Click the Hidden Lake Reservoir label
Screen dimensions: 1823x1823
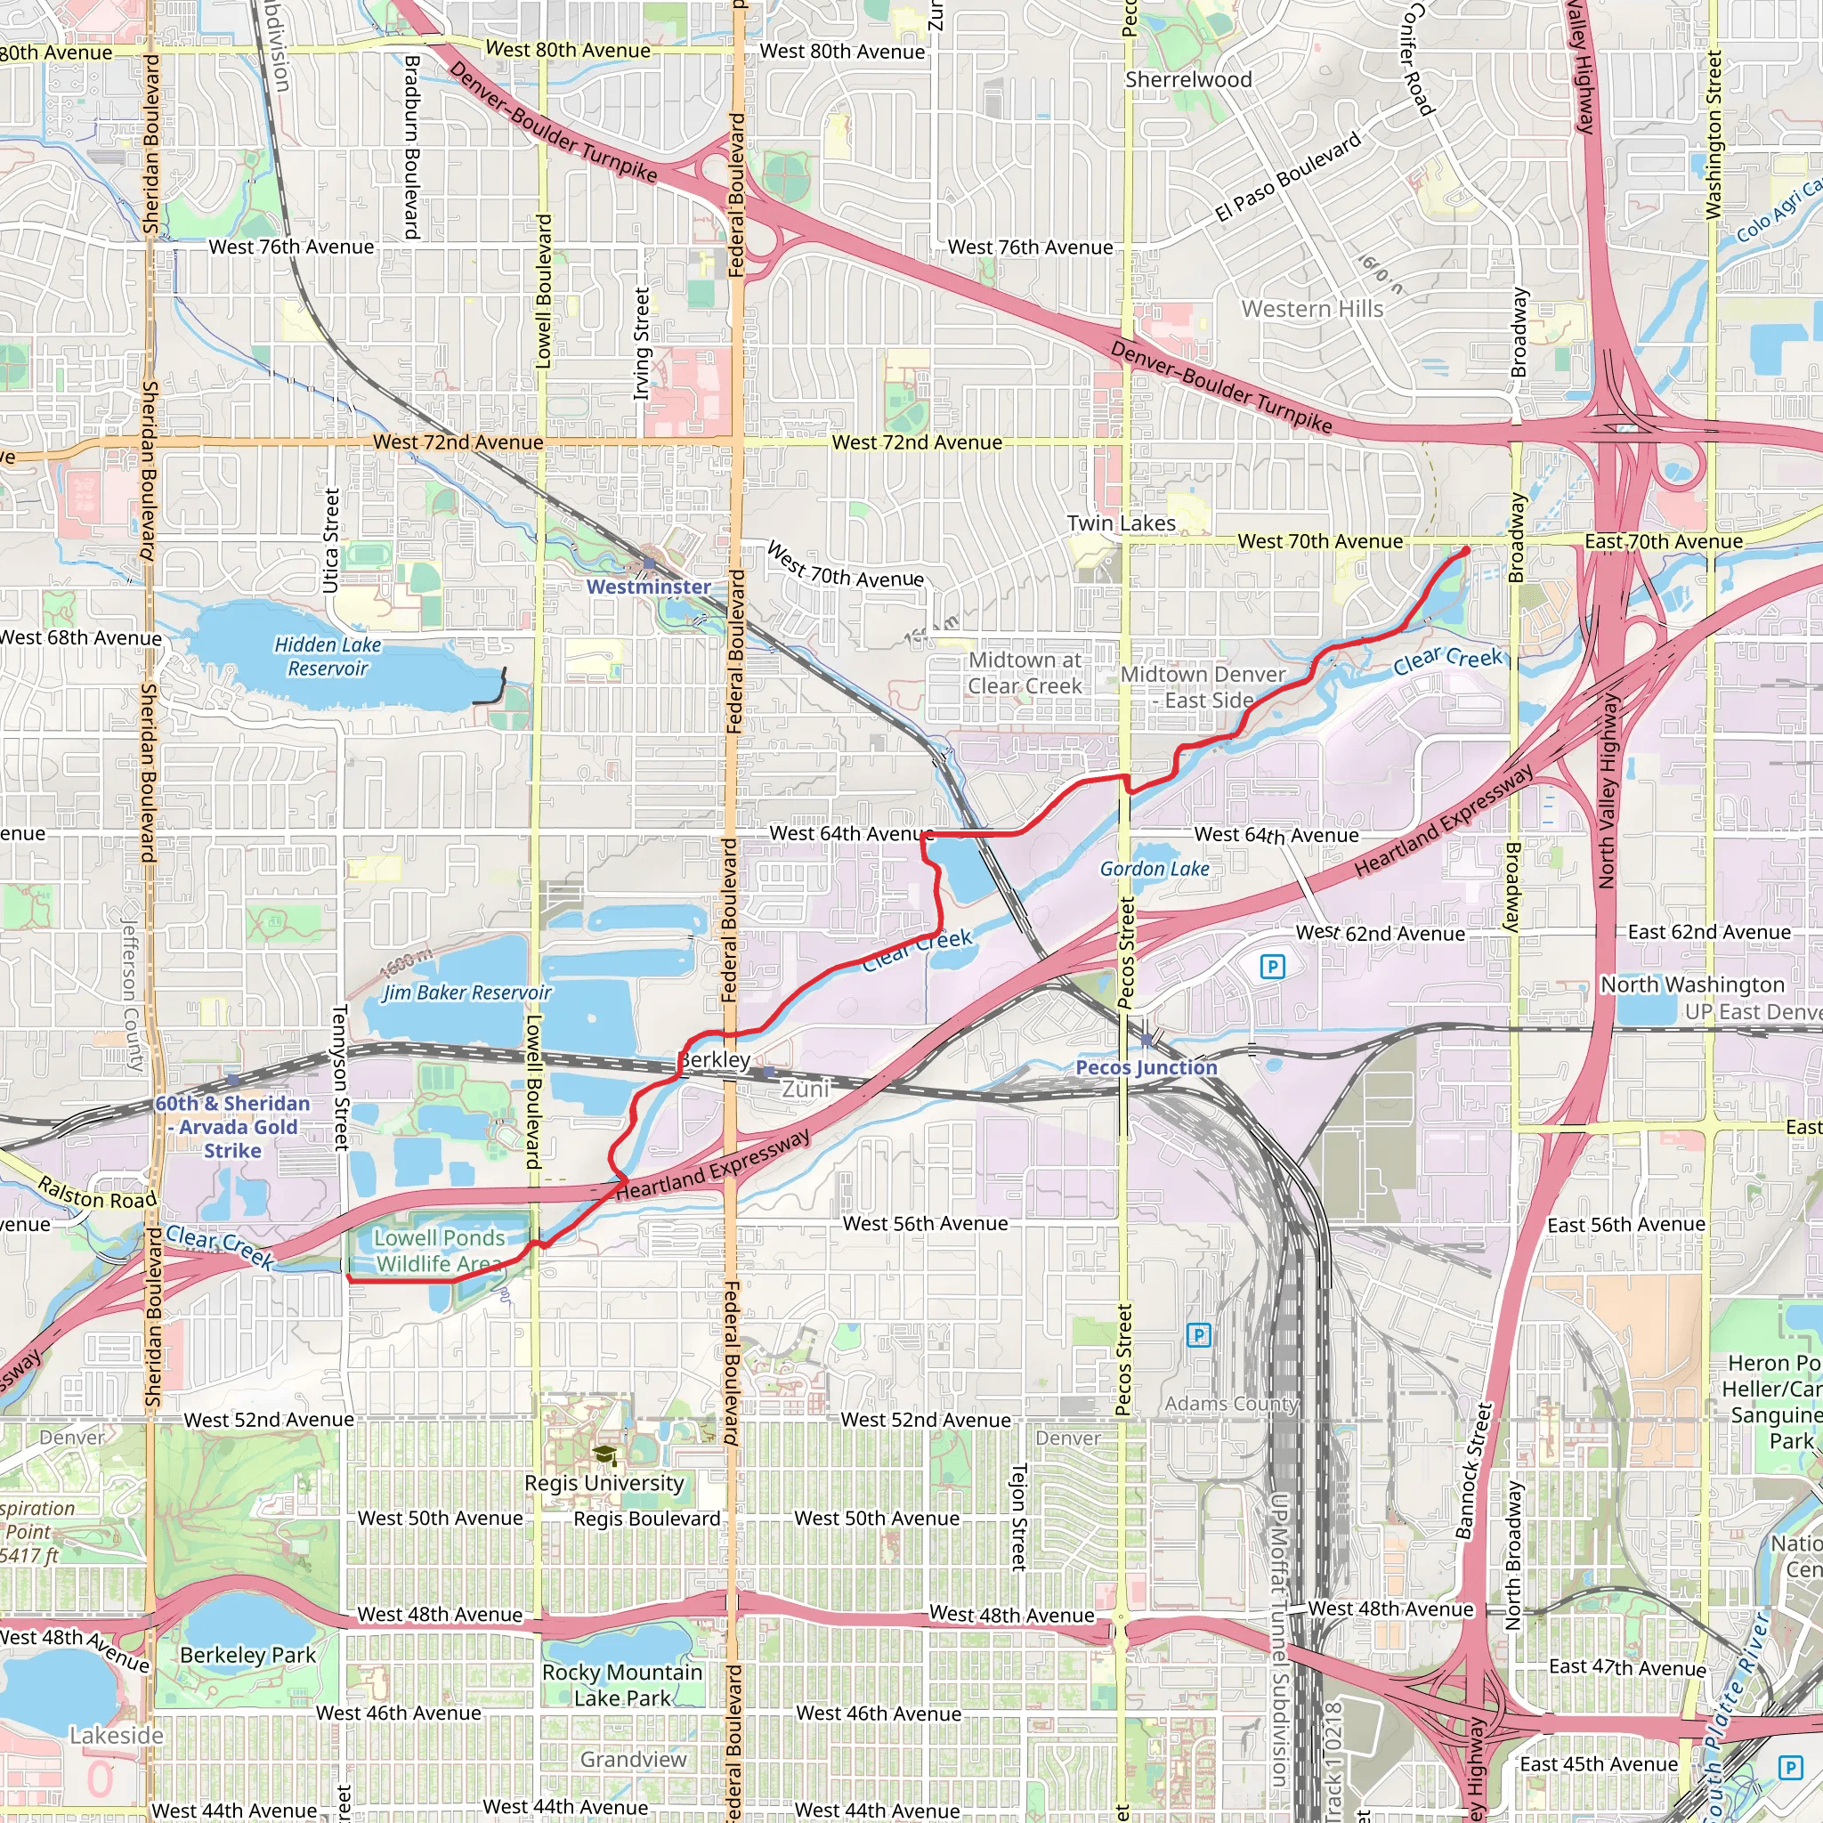pos(328,657)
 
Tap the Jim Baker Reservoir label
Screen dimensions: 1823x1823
pos(466,993)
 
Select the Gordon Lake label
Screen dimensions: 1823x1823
pos(1154,869)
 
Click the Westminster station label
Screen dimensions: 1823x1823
pos(648,587)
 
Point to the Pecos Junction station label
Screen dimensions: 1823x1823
pos(1146,1067)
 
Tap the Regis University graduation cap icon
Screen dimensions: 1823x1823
pos(604,1456)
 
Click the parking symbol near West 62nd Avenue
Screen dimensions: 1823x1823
pos(1272,966)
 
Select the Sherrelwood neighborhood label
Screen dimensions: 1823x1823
pos(1188,80)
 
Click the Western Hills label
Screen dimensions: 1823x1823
pos(1311,310)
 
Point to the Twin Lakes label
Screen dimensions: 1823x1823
pos(1121,523)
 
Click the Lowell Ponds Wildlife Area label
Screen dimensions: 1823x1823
pos(439,1252)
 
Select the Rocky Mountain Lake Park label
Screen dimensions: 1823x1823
pos(622,1685)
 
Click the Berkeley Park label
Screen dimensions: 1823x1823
pos(247,1655)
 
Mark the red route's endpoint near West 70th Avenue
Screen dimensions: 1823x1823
pos(1465,550)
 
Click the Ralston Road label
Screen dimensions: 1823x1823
pos(96,1193)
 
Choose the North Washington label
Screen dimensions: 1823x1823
pos(1692,985)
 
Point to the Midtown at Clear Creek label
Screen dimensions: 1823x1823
pos(1025,674)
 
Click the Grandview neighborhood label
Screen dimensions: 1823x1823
pos(633,1760)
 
